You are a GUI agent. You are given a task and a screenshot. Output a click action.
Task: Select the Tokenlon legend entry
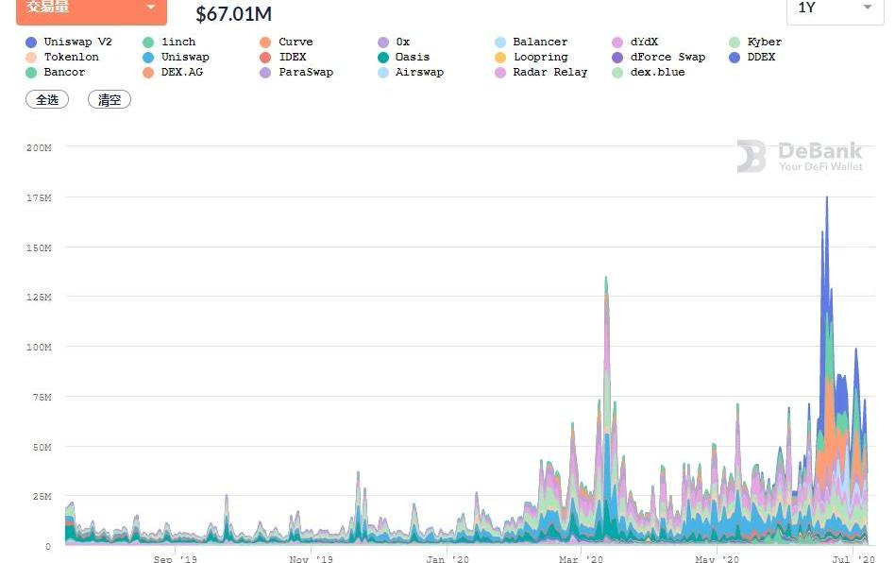pos(70,57)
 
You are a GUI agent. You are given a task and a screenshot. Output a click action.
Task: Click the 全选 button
pos(47,99)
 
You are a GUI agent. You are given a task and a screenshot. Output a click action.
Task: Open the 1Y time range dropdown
pos(834,9)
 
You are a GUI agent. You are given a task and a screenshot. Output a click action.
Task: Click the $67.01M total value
pos(233,13)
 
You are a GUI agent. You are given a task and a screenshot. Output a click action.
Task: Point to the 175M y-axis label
pos(39,197)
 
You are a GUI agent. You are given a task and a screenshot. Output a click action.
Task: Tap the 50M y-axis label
pos(42,447)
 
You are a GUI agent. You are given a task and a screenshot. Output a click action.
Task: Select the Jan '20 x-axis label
pos(447,559)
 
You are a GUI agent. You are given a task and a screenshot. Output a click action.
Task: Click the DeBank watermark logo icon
pos(751,156)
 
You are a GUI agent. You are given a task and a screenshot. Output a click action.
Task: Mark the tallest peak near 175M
pos(827,198)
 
